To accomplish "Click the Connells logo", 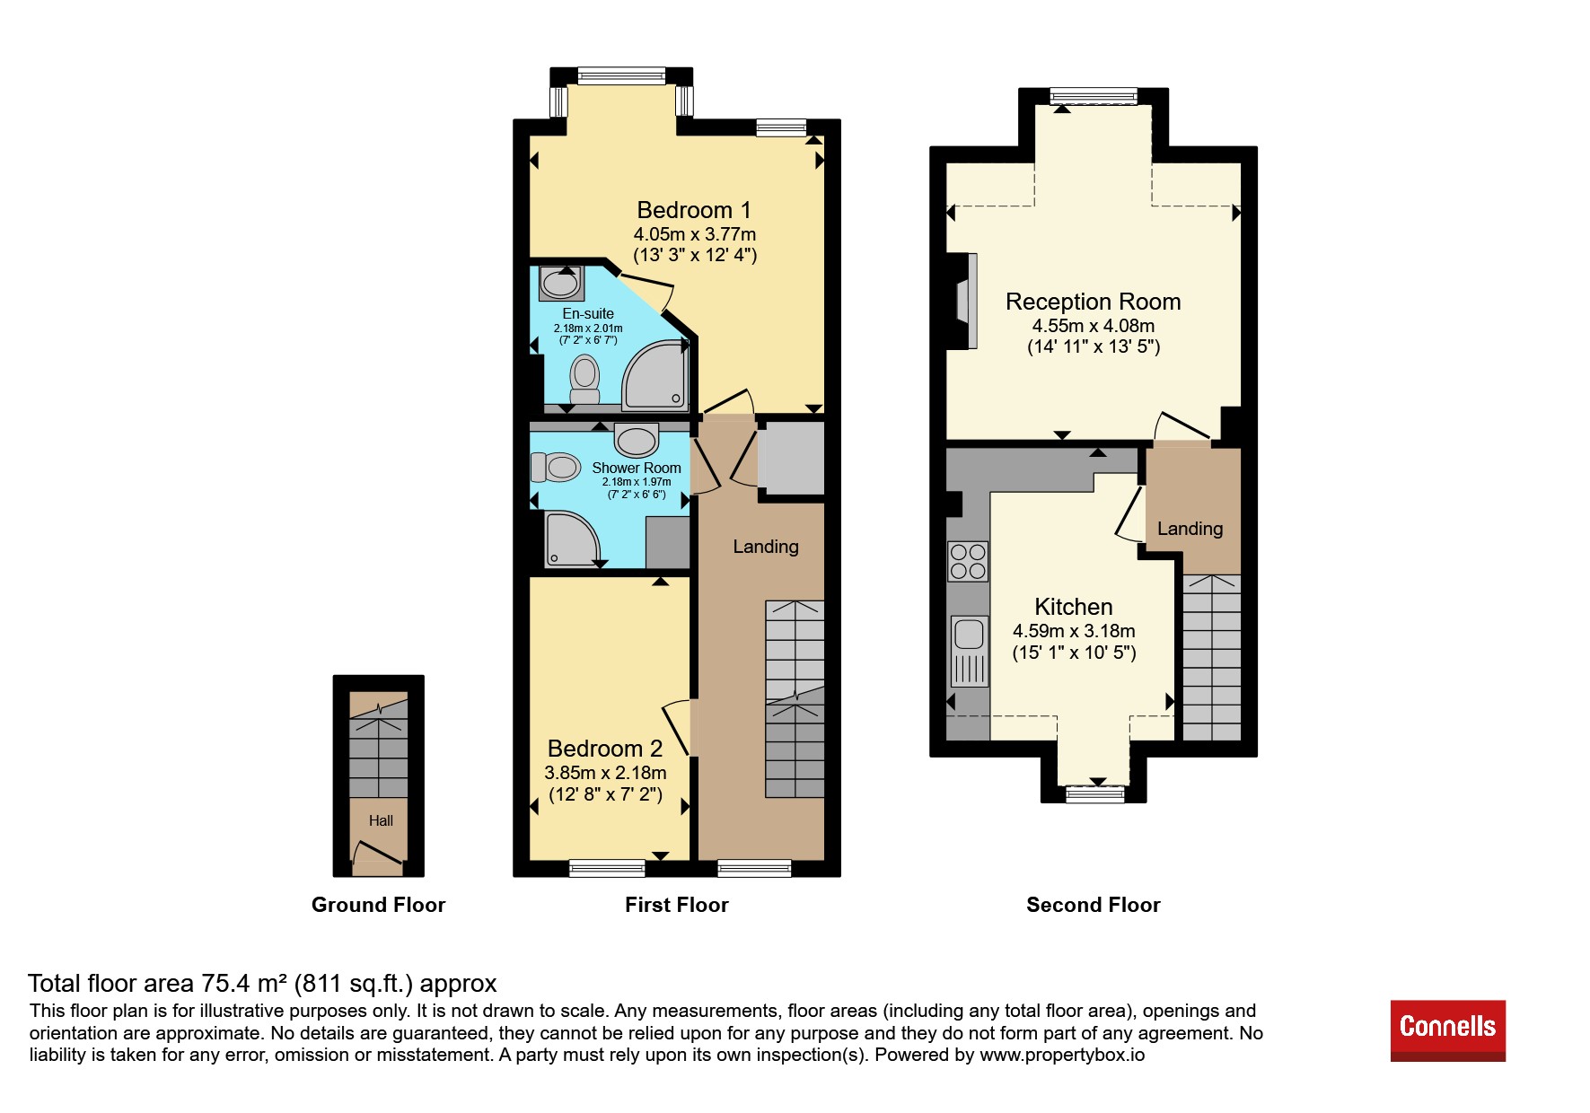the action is (1447, 1030).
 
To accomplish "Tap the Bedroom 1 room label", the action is (694, 210).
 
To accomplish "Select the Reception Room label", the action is (1093, 302).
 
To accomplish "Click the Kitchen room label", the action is (1074, 607).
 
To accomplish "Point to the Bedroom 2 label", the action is (605, 749).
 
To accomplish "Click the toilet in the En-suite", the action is (584, 381).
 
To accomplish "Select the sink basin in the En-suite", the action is (561, 284).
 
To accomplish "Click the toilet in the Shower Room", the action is (555, 467).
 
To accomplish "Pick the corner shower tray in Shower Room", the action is (572, 539).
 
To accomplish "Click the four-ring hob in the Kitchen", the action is (968, 562).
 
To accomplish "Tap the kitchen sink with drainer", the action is (969, 652).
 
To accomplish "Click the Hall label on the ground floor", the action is (381, 820).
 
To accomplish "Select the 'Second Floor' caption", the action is (1094, 905).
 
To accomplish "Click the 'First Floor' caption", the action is (677, 905).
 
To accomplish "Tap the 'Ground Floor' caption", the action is (378, 905).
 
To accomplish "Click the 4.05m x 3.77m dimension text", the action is (695, 234).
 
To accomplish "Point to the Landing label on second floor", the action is (1190, 529).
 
